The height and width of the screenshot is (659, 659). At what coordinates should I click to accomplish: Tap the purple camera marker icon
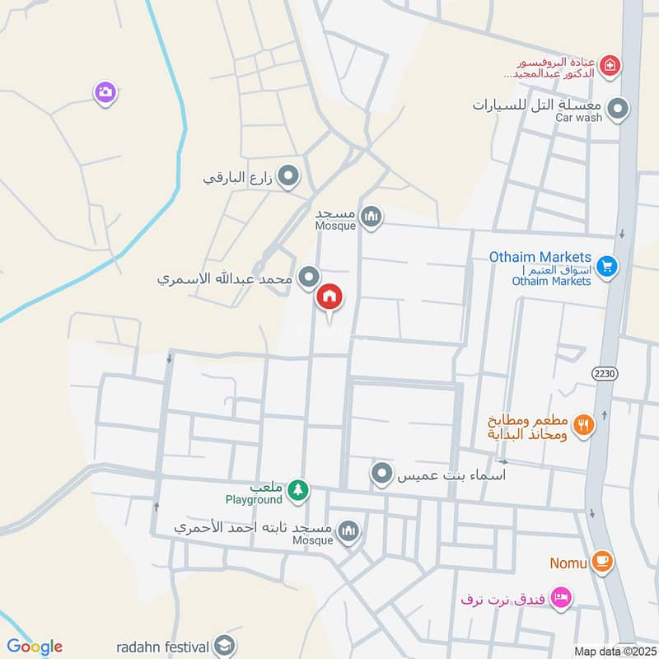(105, 93)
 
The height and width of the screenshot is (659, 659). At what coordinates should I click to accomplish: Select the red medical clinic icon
(609, 65)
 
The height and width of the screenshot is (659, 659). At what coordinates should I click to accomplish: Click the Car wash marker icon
(617, 109)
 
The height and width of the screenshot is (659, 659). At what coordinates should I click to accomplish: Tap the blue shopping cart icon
(607, 266)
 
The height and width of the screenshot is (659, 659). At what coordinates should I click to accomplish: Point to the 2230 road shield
(604, 373)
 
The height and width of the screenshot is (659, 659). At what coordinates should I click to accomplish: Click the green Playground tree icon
(297, 491)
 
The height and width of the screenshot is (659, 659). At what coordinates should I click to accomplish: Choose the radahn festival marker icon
(223, 645)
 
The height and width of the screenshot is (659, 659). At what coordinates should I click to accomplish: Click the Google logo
(34, 647)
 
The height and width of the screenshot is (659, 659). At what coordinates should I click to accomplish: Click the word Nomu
(568, 563)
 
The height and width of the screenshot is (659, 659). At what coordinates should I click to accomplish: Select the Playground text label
(254, 500)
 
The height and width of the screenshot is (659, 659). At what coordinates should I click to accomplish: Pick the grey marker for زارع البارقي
(287, 176)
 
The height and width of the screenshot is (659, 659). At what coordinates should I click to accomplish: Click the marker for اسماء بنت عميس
(381, 474)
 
